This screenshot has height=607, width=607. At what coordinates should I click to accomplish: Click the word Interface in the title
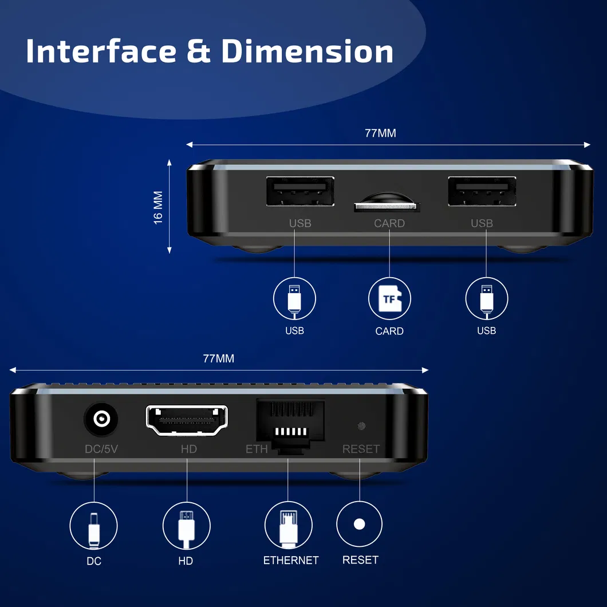click(x=101, y=52)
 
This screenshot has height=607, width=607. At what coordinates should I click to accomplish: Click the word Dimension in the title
click(x=308, y=52)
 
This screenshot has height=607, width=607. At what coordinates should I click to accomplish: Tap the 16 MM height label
click(x=159, y=207)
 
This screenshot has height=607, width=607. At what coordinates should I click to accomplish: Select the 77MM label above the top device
click(x=380, y=133)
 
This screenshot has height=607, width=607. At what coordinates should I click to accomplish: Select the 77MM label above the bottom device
click(x=218, y=359)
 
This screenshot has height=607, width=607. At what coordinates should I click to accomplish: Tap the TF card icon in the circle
click(x=389, y=298)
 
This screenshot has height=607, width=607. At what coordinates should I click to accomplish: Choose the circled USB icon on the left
click(x=294, y=298)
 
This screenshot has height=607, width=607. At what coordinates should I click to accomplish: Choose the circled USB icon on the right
click(x=486, y=298)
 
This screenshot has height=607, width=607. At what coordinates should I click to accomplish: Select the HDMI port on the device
click(x=187, y=420)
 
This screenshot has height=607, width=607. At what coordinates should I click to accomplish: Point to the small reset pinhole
click(x=361, y=426)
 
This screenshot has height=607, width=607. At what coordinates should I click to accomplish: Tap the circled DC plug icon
click(x=93, y=526)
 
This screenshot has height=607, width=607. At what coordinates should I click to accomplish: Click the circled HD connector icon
click(x=186, y=526)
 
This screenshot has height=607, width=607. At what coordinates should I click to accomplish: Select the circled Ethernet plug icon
click(x=288, y=526)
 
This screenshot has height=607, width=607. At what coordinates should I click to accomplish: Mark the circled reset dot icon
click(x=359, y=524)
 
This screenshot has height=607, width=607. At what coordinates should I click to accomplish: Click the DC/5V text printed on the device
click(x=101, y=449)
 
